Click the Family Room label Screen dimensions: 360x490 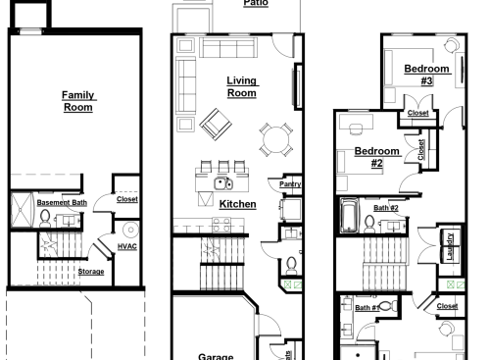pyautogui.click(x=77, y=100)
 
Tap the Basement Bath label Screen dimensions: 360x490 pyautogui.click(x=62, y=203)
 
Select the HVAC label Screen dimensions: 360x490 pyautogui.click(x=127, y=246)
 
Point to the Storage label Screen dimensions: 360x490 pyautogui.click(x=91, y=272)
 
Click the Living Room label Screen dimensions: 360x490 pyautogui.click(x=241, y=86)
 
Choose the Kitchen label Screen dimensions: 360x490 pyautogui.click(x=237, y=204)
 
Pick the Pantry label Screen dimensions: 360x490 pyautogui.click(x=290, y=183)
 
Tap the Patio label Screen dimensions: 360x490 pyautogui.click(x=257, y=4)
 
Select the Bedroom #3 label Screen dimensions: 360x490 pyautogui.click(x=426, y=74)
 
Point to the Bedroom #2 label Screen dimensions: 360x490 pyautogui.click(x=376, y=156)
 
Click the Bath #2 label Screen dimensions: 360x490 pyautogui.click(x=386, y=208)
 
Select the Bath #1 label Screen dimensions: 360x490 pyautogui.click(x=367, y=308)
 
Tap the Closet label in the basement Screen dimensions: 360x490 pyautogui.click(x=127, y=199)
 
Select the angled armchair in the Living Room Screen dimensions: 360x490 pyautogui.click(x=215, y=124)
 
